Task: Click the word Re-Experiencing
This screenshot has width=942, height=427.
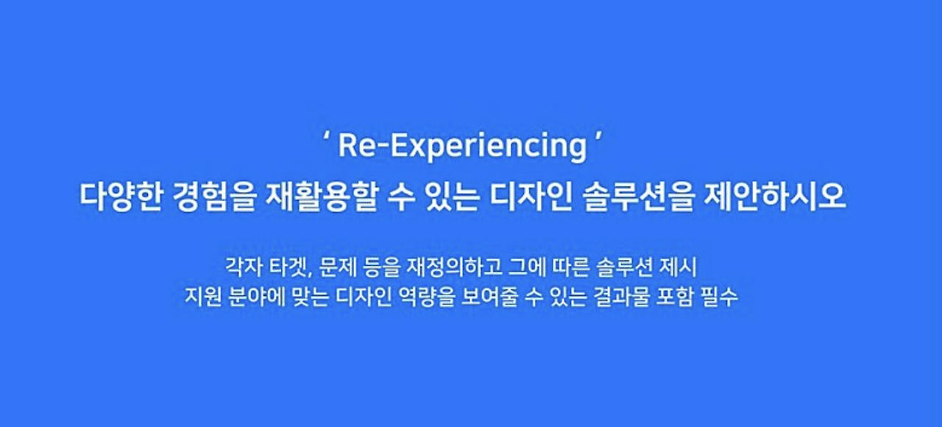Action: point(461,147)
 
